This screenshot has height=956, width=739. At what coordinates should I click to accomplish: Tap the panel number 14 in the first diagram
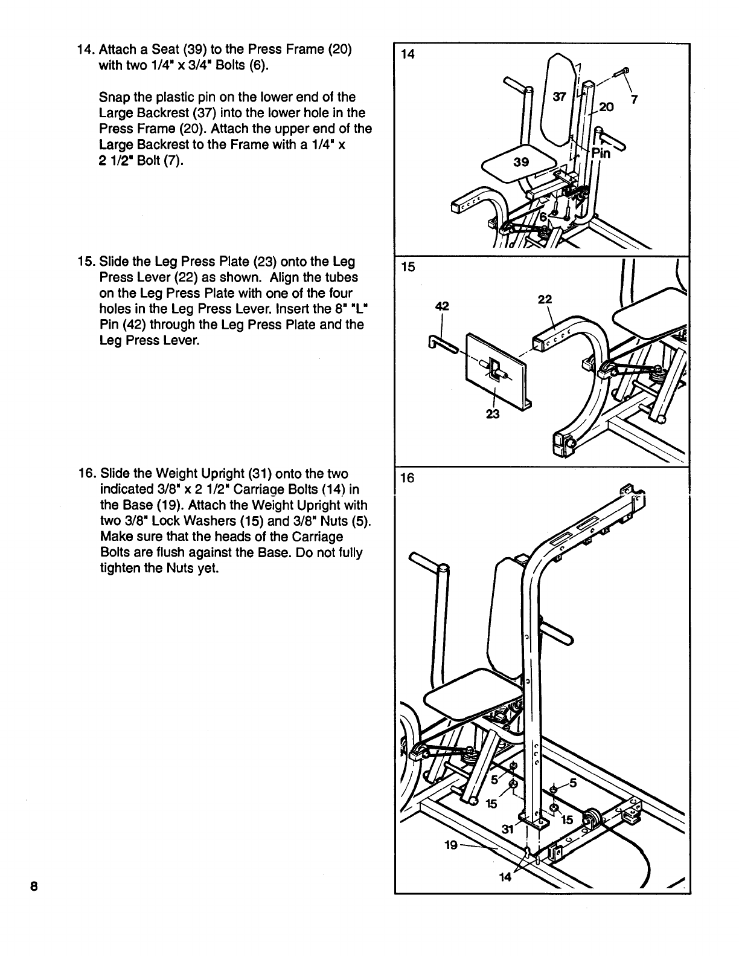click(x=408, y=54)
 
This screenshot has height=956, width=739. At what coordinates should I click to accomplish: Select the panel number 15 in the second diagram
click(x=408, y=266)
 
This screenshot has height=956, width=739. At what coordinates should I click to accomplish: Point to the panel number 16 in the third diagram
click(x=408, y=478)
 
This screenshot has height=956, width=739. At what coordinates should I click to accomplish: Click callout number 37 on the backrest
click(x=560, y=97)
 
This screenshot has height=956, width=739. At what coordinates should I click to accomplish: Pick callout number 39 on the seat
click(x=520, y=162)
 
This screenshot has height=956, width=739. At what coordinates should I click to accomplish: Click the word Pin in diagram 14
click(x=601, y=154)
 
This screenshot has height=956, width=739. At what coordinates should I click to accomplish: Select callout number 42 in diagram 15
click(x=442, y=306)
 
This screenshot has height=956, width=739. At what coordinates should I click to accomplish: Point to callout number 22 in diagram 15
click(x=545, y=299)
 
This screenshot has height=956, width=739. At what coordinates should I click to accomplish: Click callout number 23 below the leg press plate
click(x=493, y=414)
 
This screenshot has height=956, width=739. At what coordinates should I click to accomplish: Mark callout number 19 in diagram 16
click(x=450, y=845)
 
